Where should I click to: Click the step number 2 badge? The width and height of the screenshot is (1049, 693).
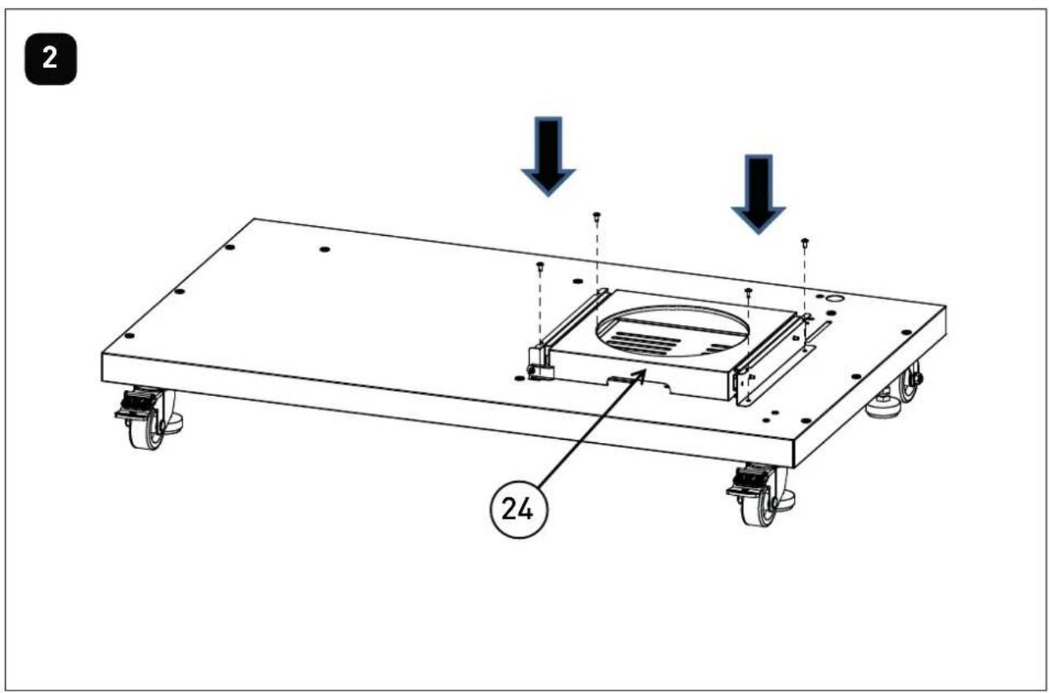point(50,59)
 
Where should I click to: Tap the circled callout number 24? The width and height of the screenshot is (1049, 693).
point(517,510)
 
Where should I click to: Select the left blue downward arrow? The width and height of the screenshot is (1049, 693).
point(548,156)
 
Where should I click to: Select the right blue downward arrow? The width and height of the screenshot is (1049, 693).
point(758,194)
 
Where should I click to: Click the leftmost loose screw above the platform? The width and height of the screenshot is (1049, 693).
point(540,266)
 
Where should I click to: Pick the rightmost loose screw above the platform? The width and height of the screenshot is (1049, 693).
point(805,243)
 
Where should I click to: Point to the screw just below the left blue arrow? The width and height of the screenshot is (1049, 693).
point(597,217)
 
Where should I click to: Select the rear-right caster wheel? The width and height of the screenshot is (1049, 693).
point(909,382)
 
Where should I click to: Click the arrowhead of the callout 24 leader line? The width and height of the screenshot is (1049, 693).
point(644,372)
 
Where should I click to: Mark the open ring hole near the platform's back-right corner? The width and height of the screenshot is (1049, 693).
point(834,298)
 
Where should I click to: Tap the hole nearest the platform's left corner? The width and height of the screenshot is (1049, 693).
point(130,336)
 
